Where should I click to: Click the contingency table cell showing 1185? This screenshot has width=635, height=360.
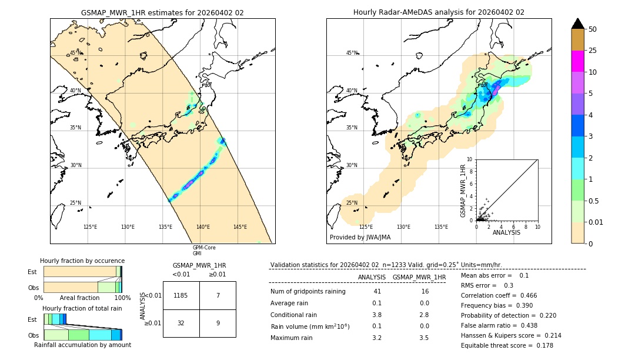[x=181, y=295]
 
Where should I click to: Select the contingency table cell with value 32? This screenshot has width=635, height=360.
[x=181, y=323]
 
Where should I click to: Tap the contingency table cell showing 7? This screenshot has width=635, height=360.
[x=218, y=295]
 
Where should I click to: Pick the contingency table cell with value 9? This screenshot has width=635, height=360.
[x=218, y=323]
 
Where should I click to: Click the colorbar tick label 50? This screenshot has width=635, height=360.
[x=593, y=29]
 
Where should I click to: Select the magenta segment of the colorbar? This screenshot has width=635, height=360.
[x=578, y=61]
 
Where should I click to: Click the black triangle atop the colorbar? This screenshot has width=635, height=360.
[x=578, y=24]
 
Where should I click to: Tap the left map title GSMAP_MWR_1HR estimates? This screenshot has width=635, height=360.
[x=162, y=12]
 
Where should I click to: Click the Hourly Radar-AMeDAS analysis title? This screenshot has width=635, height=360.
[x=439, y=12]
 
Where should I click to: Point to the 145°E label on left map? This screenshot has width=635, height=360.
[x=240, y=227]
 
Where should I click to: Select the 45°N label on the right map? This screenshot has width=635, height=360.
[x=352, y=53]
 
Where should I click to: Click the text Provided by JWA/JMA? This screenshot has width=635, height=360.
[x=360, y=238]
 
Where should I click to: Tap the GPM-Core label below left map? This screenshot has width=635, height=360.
[x=204, y=248]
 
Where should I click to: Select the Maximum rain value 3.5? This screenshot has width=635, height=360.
[x=424, y=338]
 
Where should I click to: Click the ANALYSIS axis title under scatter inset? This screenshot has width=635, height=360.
[x=507, y=233]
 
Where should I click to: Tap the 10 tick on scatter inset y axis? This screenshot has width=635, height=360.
[x=470, y=159]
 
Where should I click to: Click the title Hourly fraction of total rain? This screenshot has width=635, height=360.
[x=82, y=308]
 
